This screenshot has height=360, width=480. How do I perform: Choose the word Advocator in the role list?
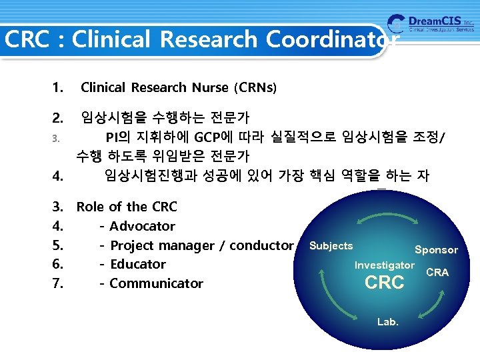click(142, 226)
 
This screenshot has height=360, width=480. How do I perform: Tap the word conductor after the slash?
click(261, 245)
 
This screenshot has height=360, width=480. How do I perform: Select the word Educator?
click(137, 264)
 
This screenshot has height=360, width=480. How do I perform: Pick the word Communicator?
click(156, 283)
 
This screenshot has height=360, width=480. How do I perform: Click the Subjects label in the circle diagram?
click(331, 246)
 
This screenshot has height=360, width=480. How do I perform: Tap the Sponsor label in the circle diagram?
click(436, 250)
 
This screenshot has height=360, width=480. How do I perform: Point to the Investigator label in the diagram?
click(384, 265)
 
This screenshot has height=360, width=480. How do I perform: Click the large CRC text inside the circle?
click(385, 283)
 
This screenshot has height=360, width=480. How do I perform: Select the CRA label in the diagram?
click(437, 272)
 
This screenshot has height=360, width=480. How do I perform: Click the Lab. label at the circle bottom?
click(387, 321)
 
